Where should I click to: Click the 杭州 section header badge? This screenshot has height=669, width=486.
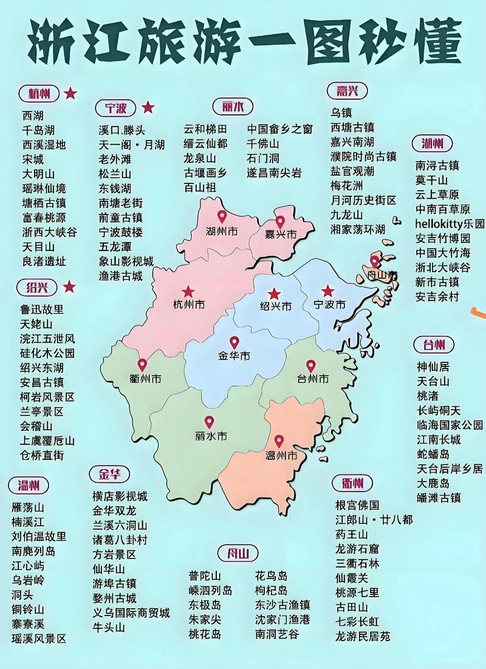tap(39, 94)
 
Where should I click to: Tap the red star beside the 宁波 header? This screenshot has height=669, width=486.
tap(148, 108)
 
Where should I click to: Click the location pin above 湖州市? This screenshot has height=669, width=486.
tap(222, 216)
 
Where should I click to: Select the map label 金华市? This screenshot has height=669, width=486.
tap(234, 355)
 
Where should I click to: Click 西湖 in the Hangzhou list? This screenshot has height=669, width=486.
tap(33, 115)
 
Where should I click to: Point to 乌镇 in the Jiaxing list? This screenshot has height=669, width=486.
tap(341, 112)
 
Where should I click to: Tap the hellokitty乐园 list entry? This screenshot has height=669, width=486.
tap(450, 224)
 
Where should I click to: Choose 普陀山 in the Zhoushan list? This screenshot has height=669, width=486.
tap(205, 575)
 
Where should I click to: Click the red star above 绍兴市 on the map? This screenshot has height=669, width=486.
tap(275, 293)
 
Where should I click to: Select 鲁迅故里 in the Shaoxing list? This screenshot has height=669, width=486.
tap(42, 309)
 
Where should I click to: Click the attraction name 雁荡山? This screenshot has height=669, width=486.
tap(28, 507)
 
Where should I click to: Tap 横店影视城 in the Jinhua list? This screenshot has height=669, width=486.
tap(120, 496)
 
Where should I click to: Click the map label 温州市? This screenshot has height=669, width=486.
tap(282, 455)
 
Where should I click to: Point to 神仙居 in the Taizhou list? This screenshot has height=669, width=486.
tap(433, 367)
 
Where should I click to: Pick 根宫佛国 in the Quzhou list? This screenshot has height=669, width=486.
tap(357, 505)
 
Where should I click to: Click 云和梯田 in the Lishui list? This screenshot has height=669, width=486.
tap(205, 129)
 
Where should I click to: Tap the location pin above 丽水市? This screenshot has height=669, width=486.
tap(209, 422)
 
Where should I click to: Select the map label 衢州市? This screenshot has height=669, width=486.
tap(145, 379)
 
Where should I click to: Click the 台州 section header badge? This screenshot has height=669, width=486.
tap(434, 345)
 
